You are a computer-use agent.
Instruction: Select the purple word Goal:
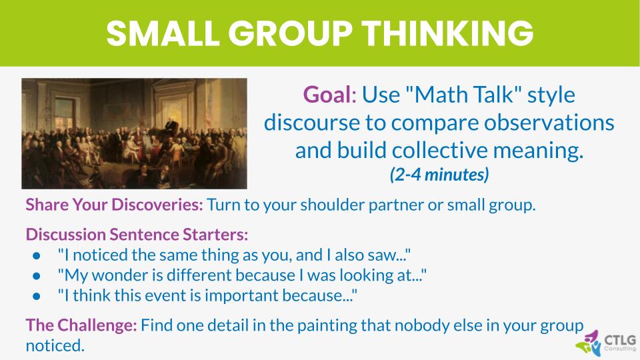pyautogui.click(x=330, y=95)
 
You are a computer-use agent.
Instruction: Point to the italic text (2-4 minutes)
pyautogui.click(x=439, y=175)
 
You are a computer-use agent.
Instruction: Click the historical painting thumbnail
pyautogui.click(x=134, y=133)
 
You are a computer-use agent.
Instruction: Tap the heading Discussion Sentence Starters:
pyautogui.click(x=137, y=235)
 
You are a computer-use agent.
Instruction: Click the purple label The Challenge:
pyautogui.click(x=81, y=325)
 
